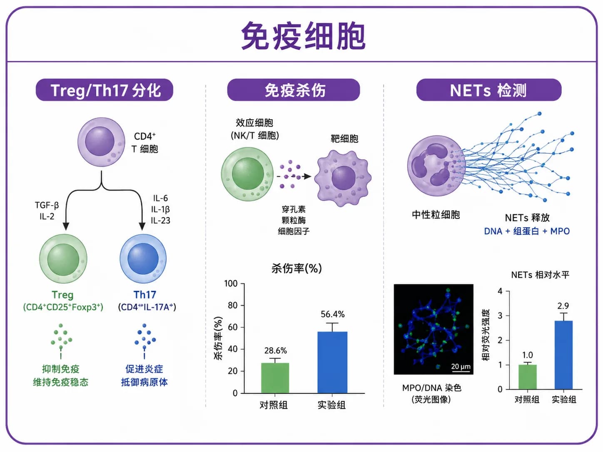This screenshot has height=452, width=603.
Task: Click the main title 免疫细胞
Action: click(303, 36)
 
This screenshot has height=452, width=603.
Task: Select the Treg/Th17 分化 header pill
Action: click(105, 90)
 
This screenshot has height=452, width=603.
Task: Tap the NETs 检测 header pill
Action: click(489, 90)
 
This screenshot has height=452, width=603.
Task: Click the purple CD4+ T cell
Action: click(101, 142)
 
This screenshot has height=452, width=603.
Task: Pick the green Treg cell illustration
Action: click(63, 259)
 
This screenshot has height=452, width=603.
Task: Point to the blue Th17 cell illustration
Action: click(143, 258)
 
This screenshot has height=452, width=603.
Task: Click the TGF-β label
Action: click(47, 205)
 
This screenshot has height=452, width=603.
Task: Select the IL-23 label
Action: click(160, 220)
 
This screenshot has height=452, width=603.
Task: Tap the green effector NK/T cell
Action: click(247, 174)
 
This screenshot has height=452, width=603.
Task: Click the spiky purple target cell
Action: click(343, 178)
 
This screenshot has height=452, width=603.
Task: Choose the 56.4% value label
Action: click(333, 314)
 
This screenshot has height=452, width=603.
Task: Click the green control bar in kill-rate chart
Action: click(275, 378)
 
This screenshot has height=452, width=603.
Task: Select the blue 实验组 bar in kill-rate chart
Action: click(332, 362)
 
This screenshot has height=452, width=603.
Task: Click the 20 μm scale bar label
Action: click(461, 366)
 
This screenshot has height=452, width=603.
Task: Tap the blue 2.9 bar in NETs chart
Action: click(563, 355)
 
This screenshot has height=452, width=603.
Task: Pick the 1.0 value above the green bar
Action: click(528, 355)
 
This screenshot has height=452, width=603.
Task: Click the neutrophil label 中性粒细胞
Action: click(436, 215)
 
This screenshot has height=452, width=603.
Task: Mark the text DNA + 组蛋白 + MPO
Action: click(527, 231)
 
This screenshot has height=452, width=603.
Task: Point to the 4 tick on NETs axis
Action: click(500, 291)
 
